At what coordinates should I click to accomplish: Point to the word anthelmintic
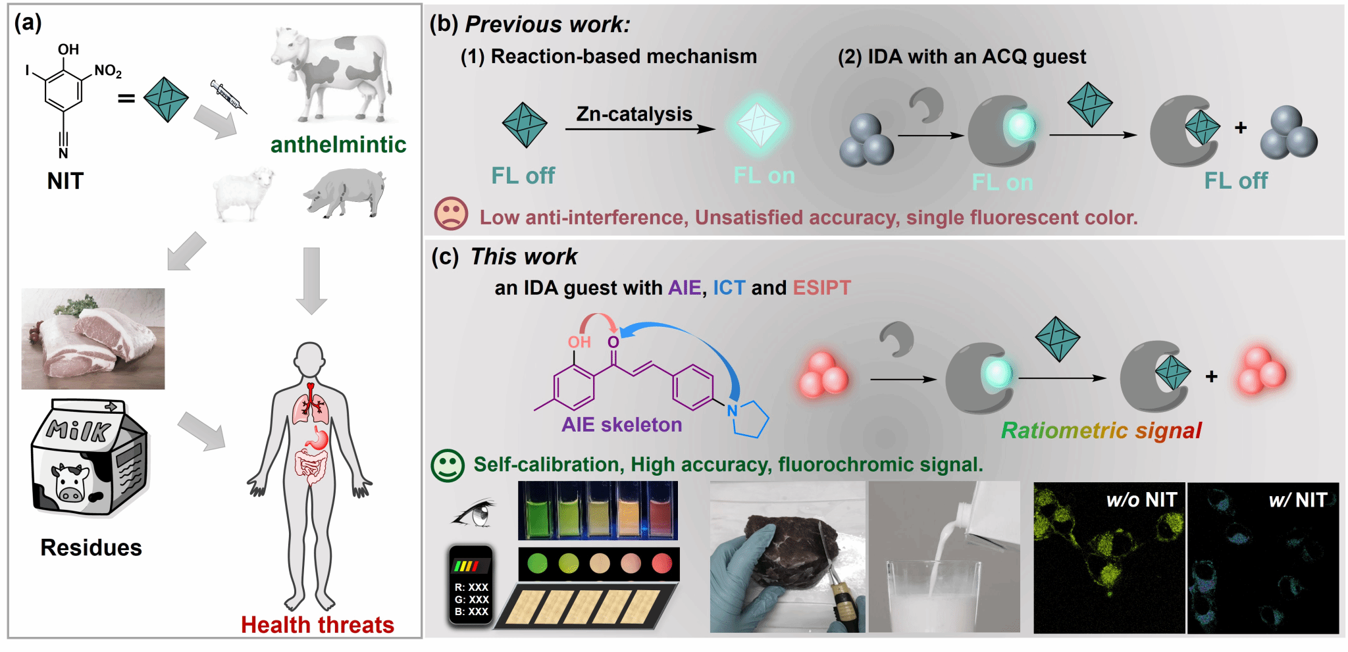[338, 145]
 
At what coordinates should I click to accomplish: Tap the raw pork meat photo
[93, 339]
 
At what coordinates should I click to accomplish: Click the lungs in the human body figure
[310, 404]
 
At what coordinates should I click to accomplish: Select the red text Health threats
[317, 624]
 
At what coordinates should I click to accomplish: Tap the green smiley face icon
[448, 465]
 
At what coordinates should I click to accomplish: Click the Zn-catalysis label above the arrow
[634, 114]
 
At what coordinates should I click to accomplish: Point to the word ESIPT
[821, 288]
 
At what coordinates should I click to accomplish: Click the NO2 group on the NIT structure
[108, 71]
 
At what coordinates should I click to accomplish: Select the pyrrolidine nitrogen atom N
[732, 411]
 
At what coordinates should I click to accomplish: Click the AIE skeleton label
[621, 425]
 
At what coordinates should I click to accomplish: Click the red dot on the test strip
[661, 563]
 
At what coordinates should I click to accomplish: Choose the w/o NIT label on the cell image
[1141, 500]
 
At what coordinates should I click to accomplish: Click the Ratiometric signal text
[1101, 430]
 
